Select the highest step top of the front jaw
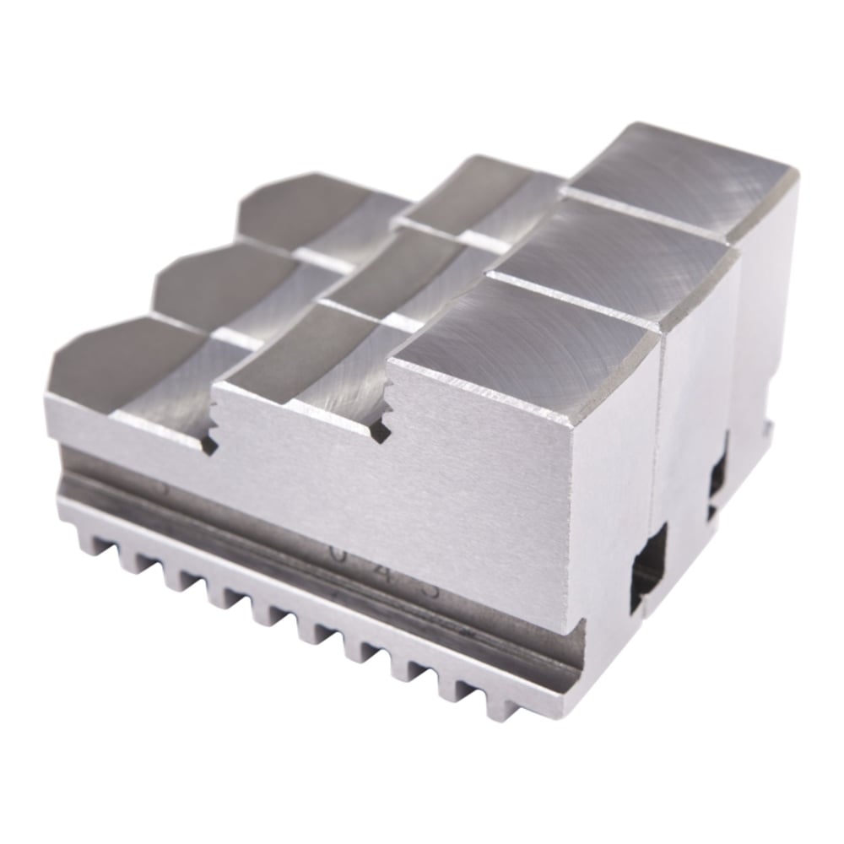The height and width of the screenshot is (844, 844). (523, 346)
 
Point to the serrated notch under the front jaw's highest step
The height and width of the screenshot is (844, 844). (381, 422)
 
